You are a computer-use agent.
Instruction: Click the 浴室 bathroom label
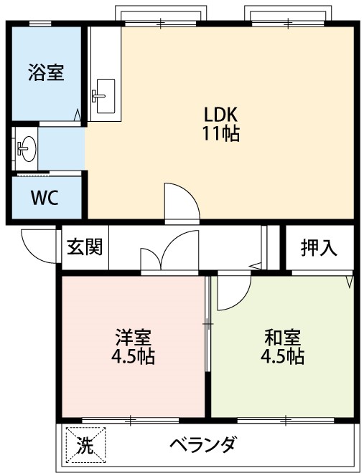[x=46, y=73]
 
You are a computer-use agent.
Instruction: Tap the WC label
[x=45, y=197]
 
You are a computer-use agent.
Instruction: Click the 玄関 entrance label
[x=85, y=247]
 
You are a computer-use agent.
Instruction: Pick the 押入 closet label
[x=318, y=248]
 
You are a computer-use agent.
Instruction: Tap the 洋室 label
[x=134, y=337]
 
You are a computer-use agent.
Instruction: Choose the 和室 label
[x=282, y=337]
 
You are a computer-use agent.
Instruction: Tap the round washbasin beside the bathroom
[x=27, y=149]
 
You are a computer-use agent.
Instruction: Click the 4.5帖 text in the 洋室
[x=134, y=355]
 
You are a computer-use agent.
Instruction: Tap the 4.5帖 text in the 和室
[x=282, y=355]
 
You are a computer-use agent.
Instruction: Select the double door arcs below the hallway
[x=170, y=254]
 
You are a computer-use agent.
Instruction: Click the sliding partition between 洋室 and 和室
[x=208, y=326]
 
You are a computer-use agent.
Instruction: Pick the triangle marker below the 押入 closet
[x=349, y=280]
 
